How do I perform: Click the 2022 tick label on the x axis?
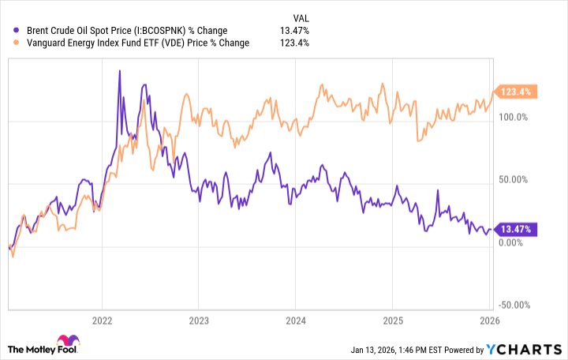point(102,321)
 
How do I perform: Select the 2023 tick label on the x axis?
point(199,321)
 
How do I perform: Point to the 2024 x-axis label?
point(295,321)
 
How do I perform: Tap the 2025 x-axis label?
point(392,321)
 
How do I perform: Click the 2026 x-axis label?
point(489,321)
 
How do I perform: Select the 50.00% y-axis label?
point(514,180)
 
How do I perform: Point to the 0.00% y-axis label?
point(514,242)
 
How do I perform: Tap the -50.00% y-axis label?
point(514,306)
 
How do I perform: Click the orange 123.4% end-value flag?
point(514,92)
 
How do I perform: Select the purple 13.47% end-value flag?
point(514,230)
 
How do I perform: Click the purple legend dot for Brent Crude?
point(8,31)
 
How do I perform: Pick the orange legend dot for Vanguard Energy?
point(8,43)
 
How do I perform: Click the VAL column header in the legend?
point(301,17)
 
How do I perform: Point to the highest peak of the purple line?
point(119,71)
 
